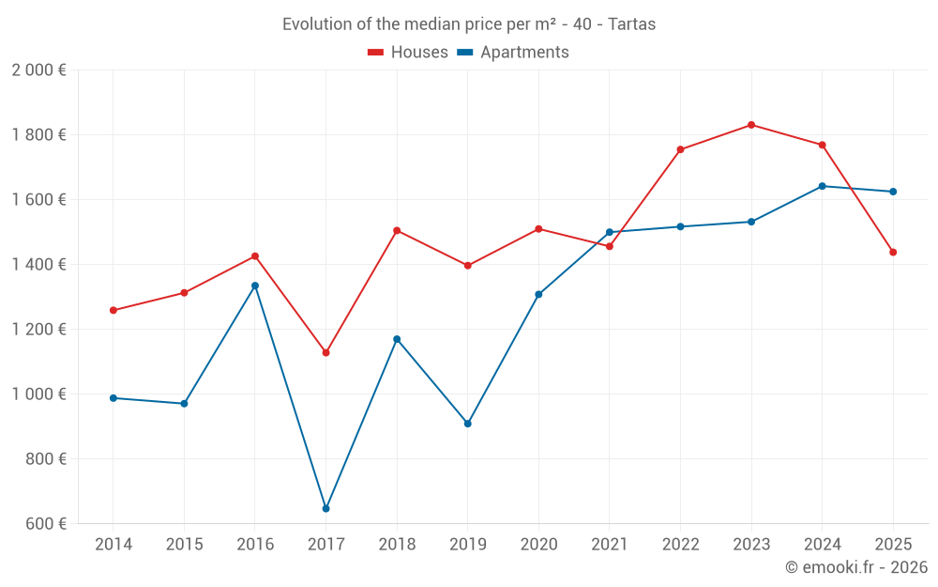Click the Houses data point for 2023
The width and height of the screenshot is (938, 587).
click(x=751, y=125)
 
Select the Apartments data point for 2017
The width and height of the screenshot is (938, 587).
click(x=325, y=509)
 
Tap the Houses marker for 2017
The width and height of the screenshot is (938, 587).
click(x=325, y=353)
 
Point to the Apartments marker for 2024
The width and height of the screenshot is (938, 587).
click(x=822, y=186)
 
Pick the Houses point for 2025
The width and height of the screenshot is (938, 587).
click(x=893, y=252)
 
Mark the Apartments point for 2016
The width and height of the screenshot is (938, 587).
click(x=255, y=286)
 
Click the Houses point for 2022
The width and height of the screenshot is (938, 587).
click(x=680, y=149)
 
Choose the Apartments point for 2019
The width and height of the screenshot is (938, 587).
click(x=467, y=424)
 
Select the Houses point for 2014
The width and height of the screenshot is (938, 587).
click(x=113, y=310)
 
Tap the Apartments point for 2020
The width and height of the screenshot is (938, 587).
click(x=538, y=295)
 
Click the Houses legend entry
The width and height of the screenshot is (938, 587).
click(x=408, y=53)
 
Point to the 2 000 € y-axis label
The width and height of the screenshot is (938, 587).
click(x=38, y=70)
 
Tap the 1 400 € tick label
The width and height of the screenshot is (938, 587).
click(x=38, y=265)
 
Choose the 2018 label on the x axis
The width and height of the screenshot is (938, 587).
click(x=397, y=545)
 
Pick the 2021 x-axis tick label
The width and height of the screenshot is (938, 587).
click(x=610, y=545)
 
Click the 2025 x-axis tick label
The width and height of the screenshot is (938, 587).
click(x=893, y=545)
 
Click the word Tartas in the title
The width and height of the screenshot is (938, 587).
click(x=631, y=24)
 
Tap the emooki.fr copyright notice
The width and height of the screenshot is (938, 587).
click(x=855, y=567)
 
